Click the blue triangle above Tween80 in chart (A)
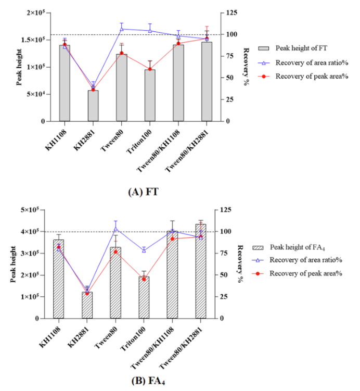(x=122, y=29)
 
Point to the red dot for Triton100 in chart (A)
(x=150, y=69)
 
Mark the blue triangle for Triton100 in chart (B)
(x=144, y=250)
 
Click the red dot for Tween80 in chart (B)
(x=115, y=252)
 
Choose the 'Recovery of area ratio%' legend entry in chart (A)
(x=304, y=62)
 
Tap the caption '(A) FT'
(x=143, y=192)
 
